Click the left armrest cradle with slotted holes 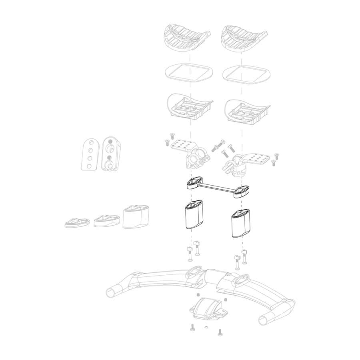189,107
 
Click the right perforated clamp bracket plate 258,158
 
